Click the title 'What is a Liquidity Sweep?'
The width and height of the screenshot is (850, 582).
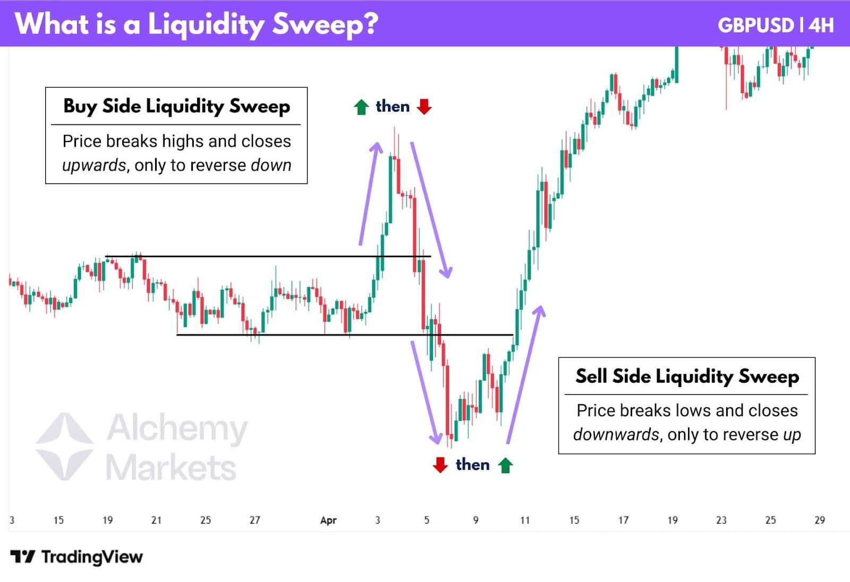pos(197,24)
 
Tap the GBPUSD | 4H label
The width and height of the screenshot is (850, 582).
pos(775,25)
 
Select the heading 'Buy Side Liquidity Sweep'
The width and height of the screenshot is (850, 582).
pos(176,106)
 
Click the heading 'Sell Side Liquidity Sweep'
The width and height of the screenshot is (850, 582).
pos(687,376)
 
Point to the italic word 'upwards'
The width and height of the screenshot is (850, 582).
pos(93,165)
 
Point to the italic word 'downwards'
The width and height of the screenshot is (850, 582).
pos(615,435)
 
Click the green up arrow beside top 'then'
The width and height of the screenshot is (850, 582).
pos(361,107)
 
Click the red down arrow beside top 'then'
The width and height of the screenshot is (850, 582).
pos(424,107)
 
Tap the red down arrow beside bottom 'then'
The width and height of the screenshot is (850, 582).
pos(440,465)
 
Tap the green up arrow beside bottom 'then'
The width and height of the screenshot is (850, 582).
pos(505,465)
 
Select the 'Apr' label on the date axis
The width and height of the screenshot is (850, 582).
pos(328,520)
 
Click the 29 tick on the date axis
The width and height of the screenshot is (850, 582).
pos(819,520)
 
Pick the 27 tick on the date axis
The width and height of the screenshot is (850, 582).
pos(254,520)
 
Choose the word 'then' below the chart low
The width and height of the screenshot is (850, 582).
pos(472,465)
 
